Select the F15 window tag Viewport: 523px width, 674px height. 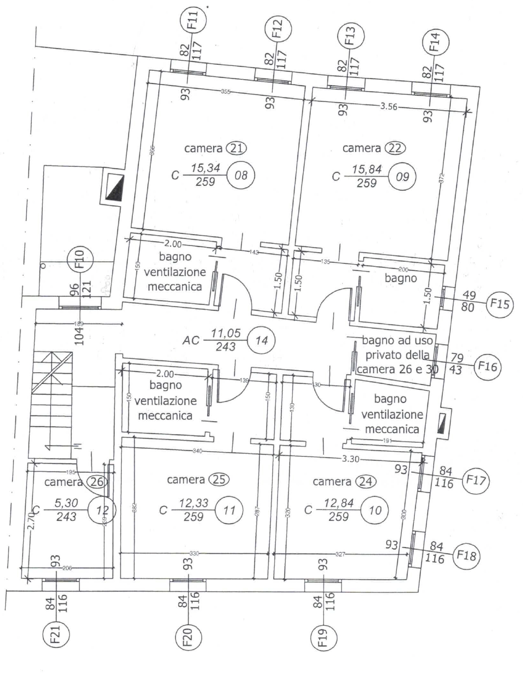499,303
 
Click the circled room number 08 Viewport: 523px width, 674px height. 241,176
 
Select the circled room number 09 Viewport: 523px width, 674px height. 402,177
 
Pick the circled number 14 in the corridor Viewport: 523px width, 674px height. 261,340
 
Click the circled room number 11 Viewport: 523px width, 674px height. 229,510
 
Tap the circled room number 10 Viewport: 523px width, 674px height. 375,510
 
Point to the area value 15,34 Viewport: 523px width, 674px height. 205,167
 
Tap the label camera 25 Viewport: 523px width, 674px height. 198,480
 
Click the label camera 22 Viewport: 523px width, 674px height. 373,148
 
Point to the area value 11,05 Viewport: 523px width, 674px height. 226,334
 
